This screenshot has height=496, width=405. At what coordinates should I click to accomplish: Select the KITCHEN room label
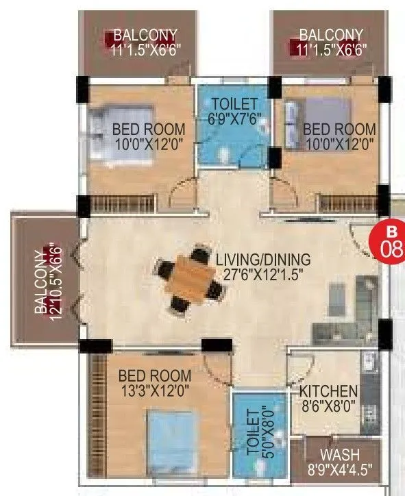click(x=328, y=391)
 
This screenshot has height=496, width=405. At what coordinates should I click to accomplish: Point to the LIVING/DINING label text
click(x=262, y=260)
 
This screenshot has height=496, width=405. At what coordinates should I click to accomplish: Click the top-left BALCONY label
click(x=145, y=34)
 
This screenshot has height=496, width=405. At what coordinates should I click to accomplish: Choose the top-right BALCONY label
click(x=331, y=34)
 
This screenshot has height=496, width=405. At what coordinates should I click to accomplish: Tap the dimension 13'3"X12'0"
click(x=154, y=390)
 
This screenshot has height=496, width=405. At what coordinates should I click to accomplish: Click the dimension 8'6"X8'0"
click(x=328, y=406)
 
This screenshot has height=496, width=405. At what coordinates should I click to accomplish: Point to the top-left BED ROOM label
click(x=149, y=128)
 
